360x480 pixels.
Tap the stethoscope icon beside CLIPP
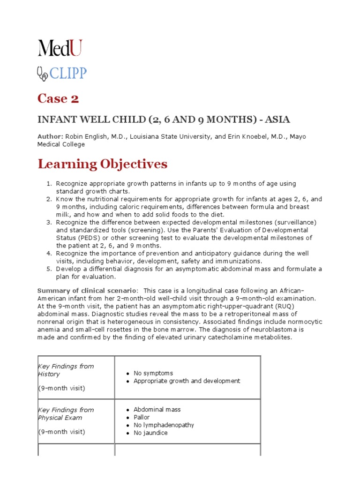point(42,73)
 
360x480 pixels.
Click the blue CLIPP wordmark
point(68,73)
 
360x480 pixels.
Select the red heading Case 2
point(58,98)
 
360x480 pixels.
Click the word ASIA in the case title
point(284,119)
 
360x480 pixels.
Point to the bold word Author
point(50,136)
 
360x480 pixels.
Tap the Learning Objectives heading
point(102,164)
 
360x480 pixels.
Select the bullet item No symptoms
point(153,373)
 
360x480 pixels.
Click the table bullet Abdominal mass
point(157,409)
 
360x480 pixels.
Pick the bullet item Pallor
point(142,417)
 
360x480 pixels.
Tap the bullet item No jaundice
point(150,433)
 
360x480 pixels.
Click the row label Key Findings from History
point(66,370)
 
